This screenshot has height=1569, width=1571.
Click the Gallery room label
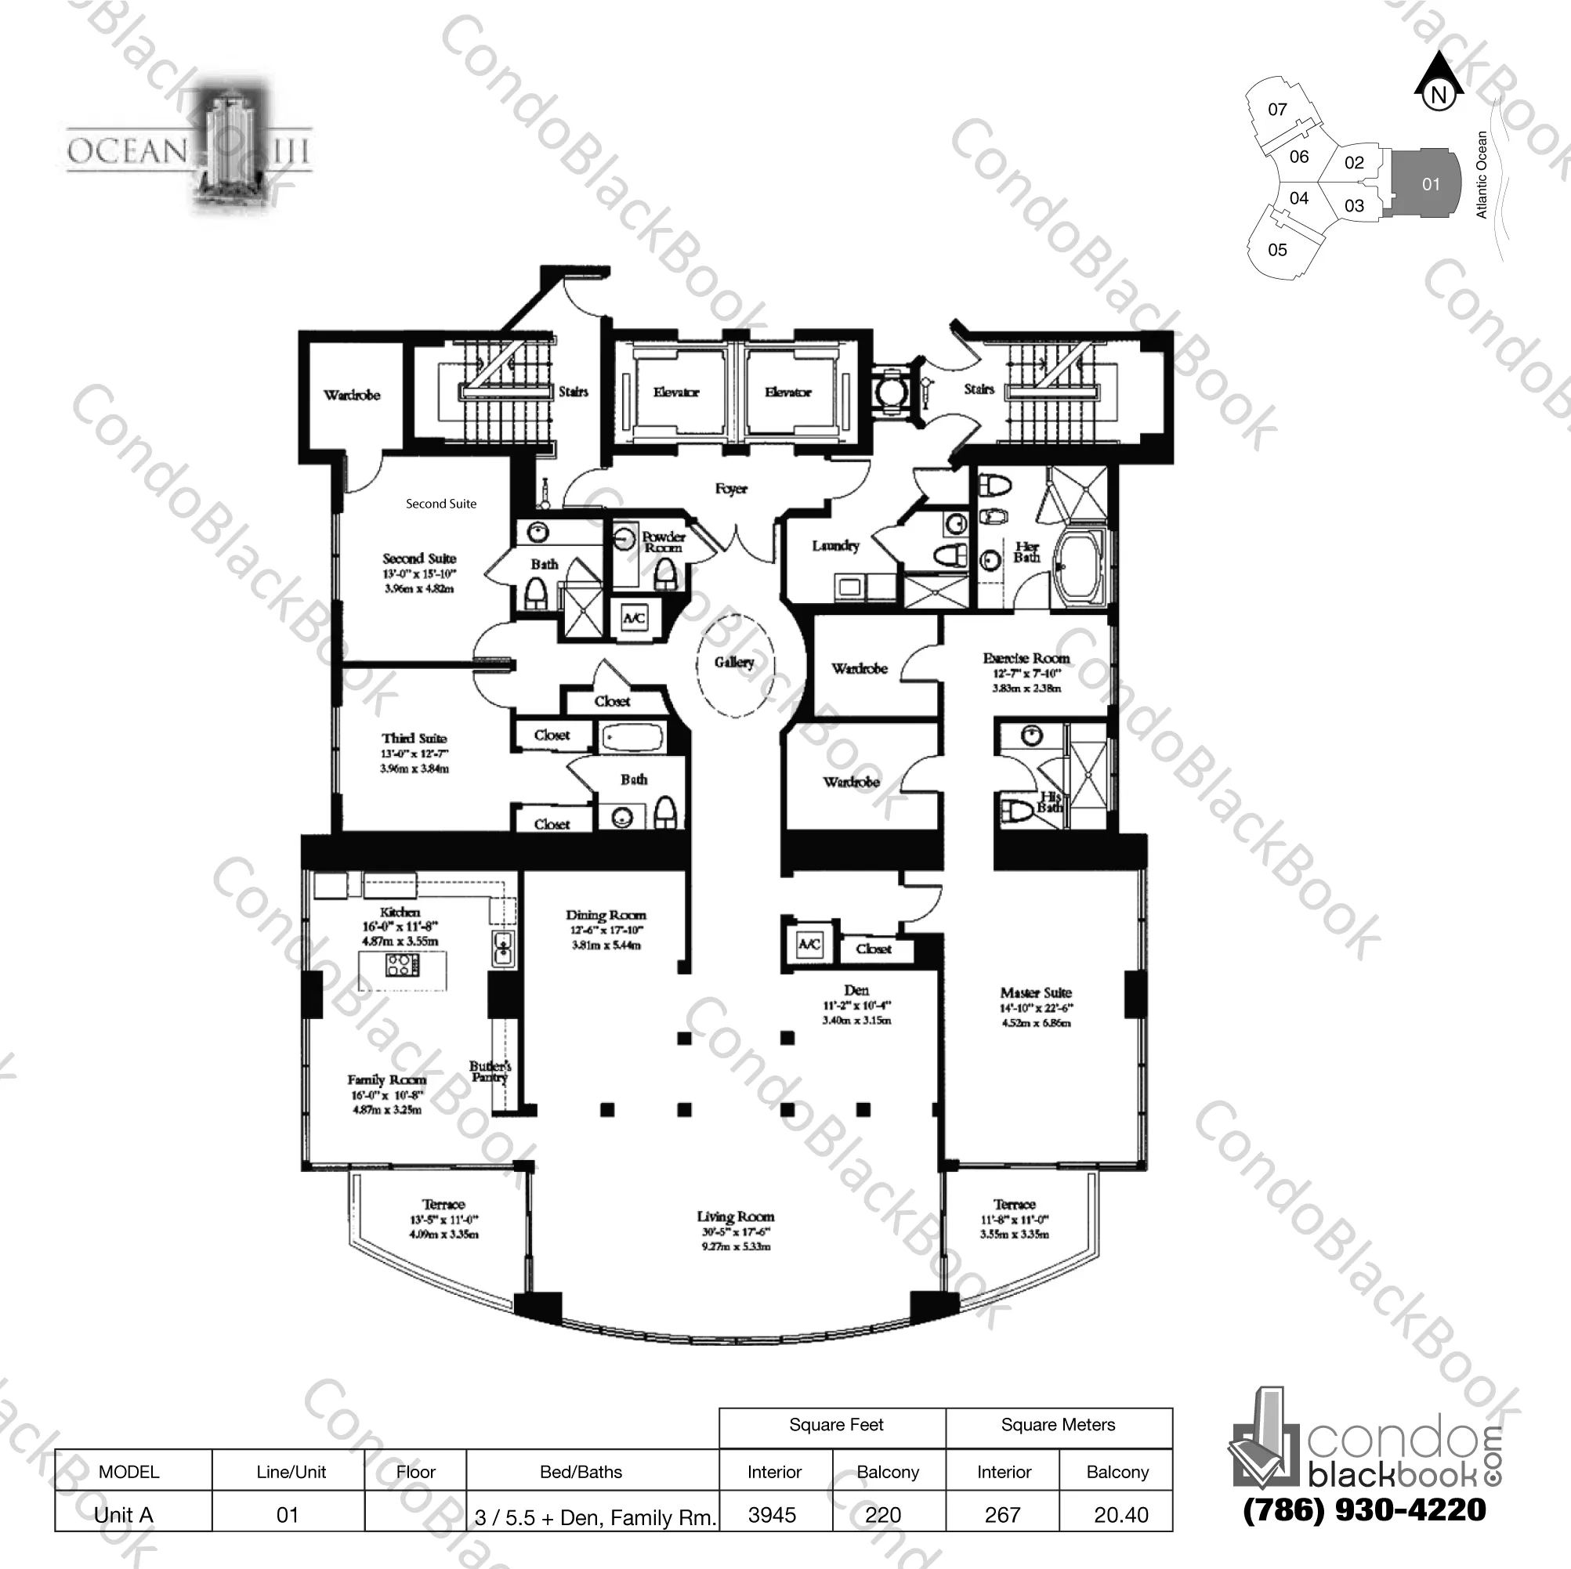tap(734, 663)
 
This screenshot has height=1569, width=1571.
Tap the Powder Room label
tap(664, 542)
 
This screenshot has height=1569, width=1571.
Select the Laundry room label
tap(835, 545)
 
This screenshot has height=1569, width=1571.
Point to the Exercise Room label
tap(1026, 658)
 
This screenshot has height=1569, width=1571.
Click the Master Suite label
tap(1035, 992)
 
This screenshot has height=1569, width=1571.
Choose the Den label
tap(856, 990)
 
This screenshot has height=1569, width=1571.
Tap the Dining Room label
tap(606, 915)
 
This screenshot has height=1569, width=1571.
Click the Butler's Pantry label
tap(490, 1072)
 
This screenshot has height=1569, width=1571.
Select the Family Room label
tap(386, 1079)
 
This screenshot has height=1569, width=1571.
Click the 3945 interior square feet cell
tap(772, 1514)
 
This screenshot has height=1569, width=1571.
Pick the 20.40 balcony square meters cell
tap(1120, 1514)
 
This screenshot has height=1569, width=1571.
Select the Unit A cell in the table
tap(124, 1514)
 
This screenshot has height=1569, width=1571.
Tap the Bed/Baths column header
tap(581, 1471)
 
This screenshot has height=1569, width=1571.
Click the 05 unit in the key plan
tap(1277, 250)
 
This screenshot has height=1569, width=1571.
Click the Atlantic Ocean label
tap(1481, 175)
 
